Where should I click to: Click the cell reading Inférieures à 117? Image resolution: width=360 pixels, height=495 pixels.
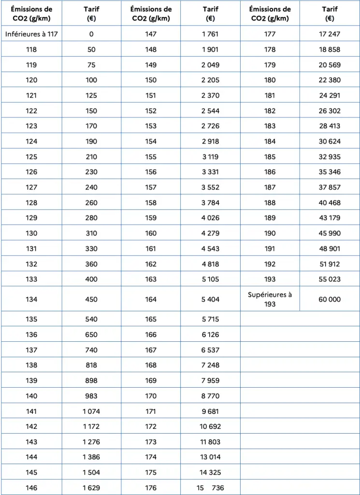(31, 34)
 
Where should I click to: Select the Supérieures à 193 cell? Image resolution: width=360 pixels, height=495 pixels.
(270, 299)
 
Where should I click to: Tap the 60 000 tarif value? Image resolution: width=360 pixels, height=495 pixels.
(330, 299)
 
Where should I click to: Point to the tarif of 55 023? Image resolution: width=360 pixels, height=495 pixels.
(330, 279)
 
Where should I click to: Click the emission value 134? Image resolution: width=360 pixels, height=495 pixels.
(31, 299)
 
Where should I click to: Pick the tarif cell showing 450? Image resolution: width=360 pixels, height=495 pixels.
(91, 299)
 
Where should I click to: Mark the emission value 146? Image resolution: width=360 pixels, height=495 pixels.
(31, 488)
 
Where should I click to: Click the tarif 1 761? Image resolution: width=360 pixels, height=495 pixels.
(210, 34)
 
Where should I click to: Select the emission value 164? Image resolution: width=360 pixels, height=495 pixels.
(151, 299)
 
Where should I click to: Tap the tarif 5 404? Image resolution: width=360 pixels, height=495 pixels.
(210, 299)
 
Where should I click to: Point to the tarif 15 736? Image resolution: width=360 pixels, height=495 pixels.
(210, 488)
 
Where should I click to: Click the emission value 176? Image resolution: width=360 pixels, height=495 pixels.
(151, 488)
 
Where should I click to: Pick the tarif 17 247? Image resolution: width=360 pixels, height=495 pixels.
(330, 34)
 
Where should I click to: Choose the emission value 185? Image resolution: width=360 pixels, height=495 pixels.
(270, 157)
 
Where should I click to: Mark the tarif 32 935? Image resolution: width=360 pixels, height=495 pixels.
(330, 157)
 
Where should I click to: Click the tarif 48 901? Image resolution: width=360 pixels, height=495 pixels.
(330, 248)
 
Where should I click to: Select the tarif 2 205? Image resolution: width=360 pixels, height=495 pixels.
(210, 80)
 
